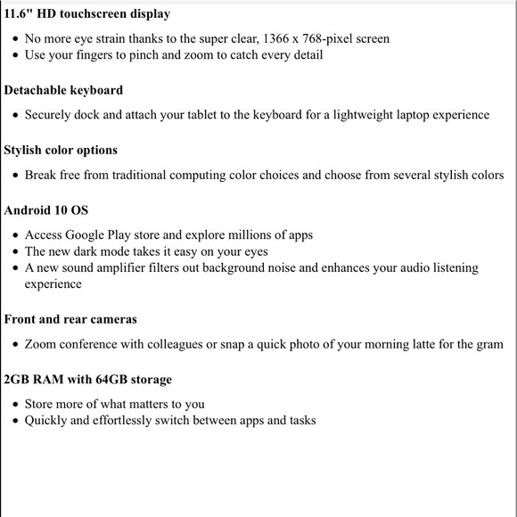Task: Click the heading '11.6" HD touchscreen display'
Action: [x=86, y=14]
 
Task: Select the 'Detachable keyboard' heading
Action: [x=63, y=90]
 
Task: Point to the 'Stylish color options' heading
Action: [x=61, y=150]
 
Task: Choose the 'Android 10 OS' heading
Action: [x=46, y=210]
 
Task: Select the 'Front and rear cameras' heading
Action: [x=70, y=319]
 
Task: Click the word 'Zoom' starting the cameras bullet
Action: [x=41, y=344]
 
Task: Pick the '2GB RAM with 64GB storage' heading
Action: [x=87, y=380]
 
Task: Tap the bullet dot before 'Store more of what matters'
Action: [x=14, y=405]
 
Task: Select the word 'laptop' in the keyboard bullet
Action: [x=401, y=115]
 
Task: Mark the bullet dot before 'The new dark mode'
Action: [x=14, y=252]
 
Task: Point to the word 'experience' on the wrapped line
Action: [x=53, y=284]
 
